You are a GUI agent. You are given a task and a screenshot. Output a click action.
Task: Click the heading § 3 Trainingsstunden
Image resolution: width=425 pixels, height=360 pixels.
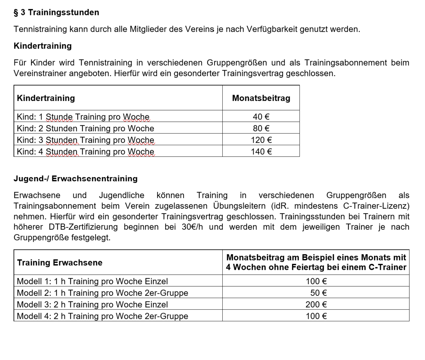(56, 13)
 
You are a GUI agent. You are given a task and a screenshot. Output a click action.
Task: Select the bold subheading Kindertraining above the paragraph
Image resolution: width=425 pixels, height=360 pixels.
(42, 46)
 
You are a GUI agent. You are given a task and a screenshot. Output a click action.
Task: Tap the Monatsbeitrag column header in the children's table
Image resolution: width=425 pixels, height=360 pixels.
(261, 98)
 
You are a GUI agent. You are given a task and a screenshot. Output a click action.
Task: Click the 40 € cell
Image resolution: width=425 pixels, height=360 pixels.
(261, 117)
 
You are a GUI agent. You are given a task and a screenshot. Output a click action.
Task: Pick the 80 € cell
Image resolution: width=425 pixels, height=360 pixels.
(261, 128)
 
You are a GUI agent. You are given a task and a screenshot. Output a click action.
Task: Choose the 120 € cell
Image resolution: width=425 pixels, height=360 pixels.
(261, 140)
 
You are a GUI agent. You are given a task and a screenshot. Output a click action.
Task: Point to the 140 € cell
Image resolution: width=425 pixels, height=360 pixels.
(261, 152)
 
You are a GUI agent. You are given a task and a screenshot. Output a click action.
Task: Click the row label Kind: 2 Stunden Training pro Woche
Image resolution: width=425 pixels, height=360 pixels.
(85, 128)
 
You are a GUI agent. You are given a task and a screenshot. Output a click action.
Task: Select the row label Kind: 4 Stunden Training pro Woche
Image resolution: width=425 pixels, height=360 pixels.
(85, 152)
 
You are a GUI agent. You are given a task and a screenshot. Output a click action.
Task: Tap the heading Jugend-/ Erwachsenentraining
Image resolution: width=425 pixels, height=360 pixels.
(75, 179)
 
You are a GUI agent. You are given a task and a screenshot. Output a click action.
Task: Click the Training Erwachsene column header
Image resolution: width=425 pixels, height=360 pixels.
(60, 263)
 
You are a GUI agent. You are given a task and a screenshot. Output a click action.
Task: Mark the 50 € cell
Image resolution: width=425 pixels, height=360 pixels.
(318, 293)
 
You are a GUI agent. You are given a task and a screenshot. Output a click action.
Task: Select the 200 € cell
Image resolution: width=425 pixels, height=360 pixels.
(316, 305)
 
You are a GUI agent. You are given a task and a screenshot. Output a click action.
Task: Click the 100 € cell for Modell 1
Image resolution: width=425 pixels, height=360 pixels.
(316, 281)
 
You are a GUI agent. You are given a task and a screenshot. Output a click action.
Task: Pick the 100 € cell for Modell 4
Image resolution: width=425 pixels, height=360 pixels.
(316, 316)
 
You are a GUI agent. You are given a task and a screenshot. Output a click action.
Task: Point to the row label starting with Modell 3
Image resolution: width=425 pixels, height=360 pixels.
(92, 305)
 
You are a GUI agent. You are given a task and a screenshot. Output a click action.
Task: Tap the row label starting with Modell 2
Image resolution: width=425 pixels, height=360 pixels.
(102, 293)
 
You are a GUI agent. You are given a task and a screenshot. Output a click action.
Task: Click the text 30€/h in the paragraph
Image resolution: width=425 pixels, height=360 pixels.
(192, 227)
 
